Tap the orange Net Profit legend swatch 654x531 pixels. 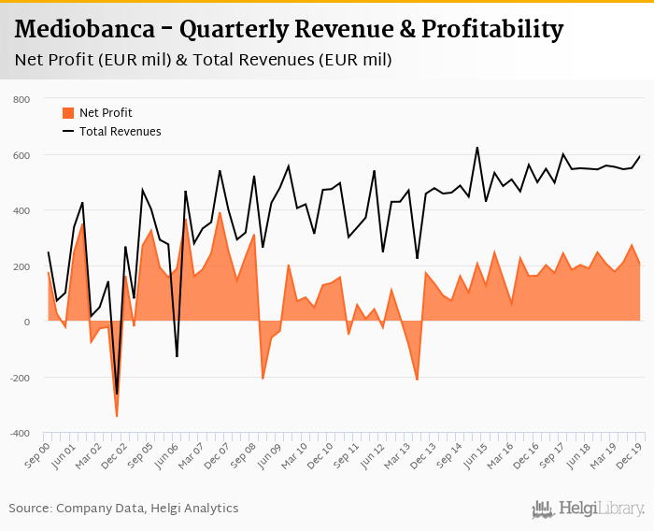(x=67, y=112)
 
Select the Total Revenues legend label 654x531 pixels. (x=120, y=132)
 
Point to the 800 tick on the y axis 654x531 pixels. (x=21, y=99)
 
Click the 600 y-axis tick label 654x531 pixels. (x=21, y=155)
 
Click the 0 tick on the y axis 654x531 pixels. (x=27, y=323)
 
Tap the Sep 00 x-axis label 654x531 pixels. (x=37, y=455)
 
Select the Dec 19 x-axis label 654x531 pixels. (x=632, y=455)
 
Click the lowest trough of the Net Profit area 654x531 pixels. (x=117, y=416)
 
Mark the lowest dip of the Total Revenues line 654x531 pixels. (x=117, y=395)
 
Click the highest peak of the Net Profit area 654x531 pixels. (x=220, y=213)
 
